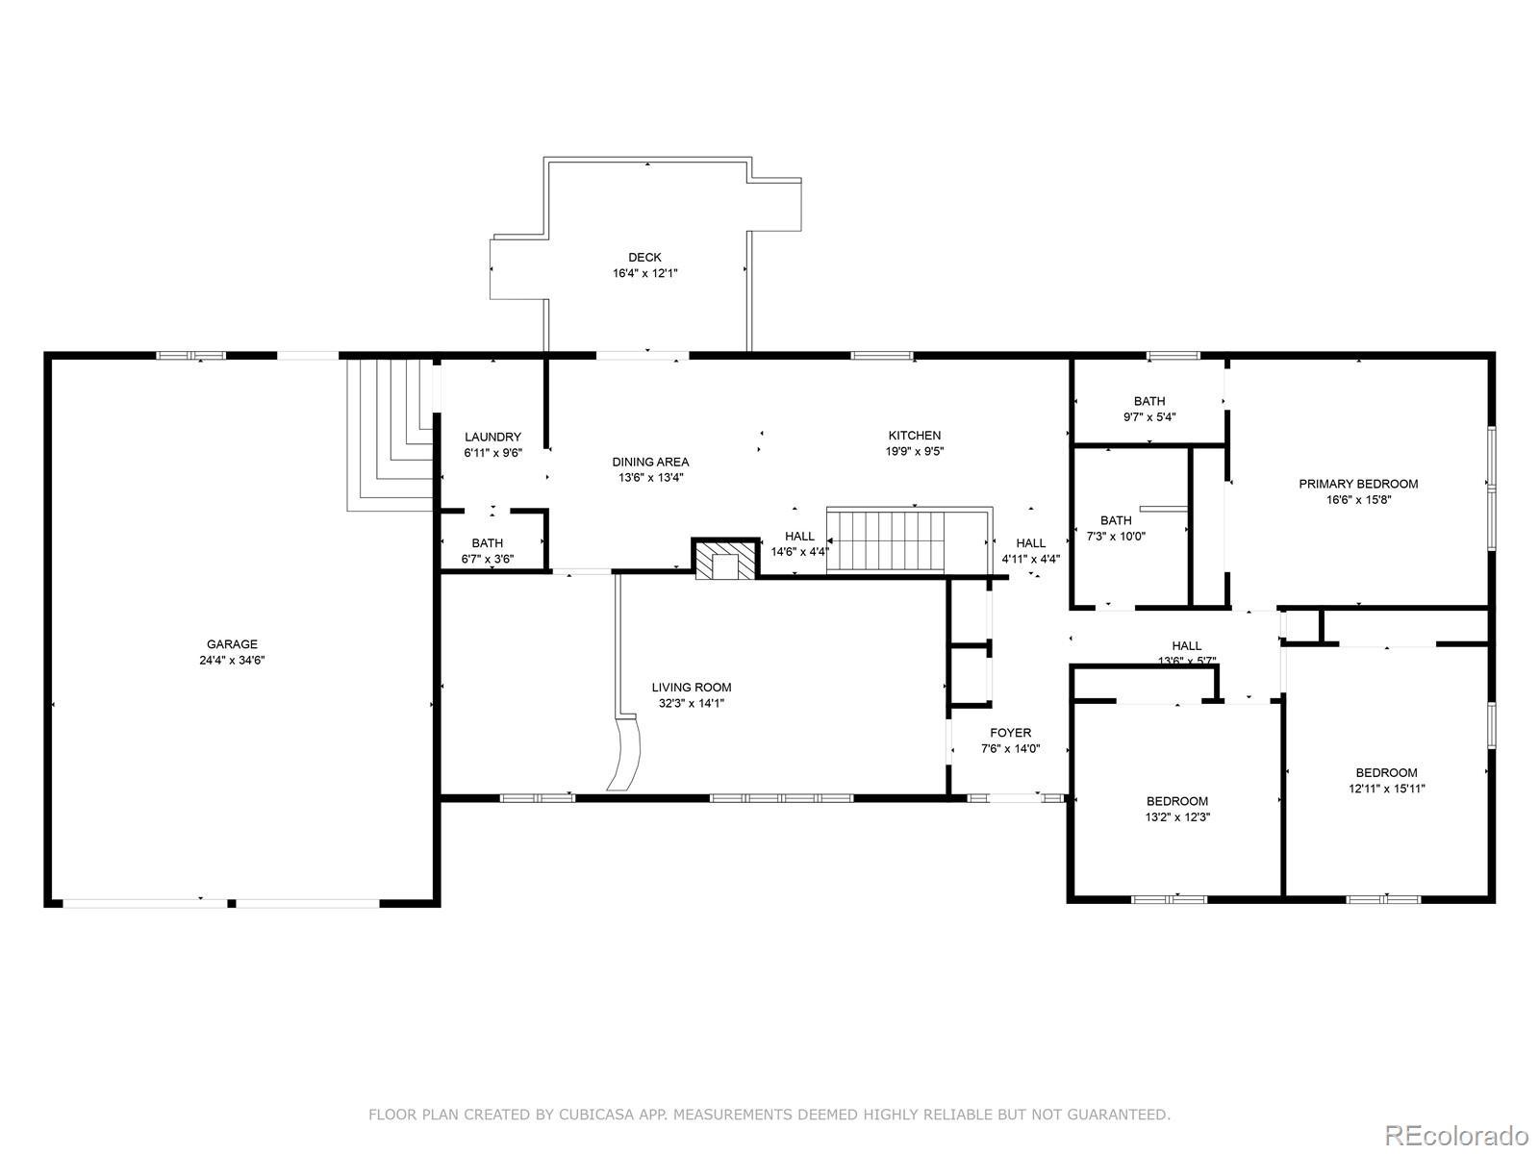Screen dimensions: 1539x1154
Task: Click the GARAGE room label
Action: [232, 644]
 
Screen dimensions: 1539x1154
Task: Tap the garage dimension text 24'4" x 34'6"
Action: [232, 660]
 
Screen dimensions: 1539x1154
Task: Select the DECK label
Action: [644, 257]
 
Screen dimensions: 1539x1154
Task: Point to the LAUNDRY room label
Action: [492, 437]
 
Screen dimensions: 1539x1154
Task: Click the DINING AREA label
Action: [650, 462]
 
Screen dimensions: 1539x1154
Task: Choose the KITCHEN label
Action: [915, 435]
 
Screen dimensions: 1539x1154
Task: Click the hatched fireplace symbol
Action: [725, 559]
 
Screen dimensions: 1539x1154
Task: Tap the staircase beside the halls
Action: [909, 540]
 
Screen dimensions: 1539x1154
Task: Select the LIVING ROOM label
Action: [692, 688]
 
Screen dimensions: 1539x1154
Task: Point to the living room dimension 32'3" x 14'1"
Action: [692, 704]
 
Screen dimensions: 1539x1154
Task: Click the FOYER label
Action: [1010, 732]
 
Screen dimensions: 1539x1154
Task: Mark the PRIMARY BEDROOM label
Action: [1358, 484]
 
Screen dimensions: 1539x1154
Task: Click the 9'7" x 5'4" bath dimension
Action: [1149, 417]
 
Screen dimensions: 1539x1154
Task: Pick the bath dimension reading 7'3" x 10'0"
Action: [1116, 536]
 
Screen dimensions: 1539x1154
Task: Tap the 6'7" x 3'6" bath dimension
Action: [488, 559]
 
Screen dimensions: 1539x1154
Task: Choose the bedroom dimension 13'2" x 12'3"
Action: [1177, 817]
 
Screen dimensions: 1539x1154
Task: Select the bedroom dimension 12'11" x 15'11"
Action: [1386, 789]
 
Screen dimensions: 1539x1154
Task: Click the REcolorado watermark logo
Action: [1457, 1134]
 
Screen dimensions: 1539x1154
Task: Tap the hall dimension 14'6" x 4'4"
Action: [800, 552]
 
